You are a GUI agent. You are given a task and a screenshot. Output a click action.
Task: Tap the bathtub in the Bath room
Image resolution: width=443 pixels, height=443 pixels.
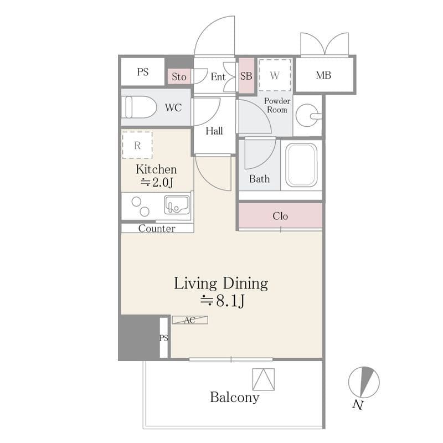[x=301, y=165]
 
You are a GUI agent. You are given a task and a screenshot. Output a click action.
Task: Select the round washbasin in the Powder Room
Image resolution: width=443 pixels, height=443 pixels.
[x=308, y=116]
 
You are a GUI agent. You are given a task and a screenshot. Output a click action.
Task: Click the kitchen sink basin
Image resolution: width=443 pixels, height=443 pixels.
[x=177, y=205]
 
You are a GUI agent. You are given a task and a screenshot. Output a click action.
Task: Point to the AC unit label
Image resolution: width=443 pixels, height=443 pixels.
[x=190, y=320]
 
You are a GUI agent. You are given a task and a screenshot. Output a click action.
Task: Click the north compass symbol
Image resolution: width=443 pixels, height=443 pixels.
[x=364, y=382]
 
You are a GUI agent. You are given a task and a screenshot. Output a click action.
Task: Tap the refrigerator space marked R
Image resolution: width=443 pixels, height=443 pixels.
[x=137, y=145]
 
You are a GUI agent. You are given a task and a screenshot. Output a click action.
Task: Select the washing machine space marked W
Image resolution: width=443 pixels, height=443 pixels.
[x=275, y=75]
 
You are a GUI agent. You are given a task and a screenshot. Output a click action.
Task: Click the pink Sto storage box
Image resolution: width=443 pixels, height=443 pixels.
[x=179, y=76]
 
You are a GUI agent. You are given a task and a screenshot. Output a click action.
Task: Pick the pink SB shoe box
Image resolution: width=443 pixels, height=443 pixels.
[x=246, y=76]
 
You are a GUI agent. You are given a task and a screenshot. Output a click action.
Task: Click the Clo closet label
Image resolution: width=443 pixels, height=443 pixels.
[x=280, y=216]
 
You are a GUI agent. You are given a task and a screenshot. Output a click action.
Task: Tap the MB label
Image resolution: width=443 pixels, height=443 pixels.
[x=323, y=75]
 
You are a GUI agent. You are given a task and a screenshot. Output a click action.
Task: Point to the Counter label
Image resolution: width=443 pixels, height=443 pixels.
[x=157, y=229]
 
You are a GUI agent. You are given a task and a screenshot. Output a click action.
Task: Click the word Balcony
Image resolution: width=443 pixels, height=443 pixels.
[x=234, y=397]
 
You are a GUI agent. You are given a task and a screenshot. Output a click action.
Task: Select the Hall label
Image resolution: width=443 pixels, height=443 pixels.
[x=214, y=131]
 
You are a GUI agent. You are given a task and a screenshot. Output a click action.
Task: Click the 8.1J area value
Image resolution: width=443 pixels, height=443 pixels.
[x=230, y=301]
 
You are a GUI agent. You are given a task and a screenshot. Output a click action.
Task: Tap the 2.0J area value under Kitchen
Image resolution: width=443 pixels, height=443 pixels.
[x=162, y=182]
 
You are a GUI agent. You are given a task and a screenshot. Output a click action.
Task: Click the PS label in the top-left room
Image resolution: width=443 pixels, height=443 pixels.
[x=143, y=72]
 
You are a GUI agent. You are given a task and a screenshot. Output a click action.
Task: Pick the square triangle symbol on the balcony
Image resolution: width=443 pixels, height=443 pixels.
[x=264, y=379]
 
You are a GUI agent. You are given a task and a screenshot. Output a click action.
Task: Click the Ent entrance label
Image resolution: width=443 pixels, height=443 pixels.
[x=218, y=76]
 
